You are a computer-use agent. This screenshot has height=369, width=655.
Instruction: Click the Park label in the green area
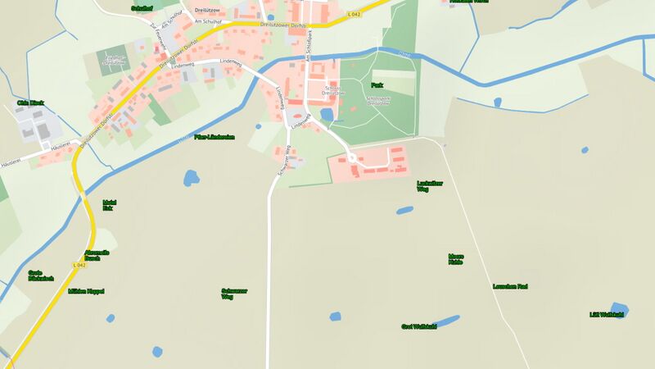coord(377,85)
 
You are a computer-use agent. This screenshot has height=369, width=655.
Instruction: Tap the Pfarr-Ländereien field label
coord(215,137)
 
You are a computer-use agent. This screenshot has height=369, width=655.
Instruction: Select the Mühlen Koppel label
coord(86,291)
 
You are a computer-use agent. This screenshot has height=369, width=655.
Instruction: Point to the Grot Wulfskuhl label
coord(418,326)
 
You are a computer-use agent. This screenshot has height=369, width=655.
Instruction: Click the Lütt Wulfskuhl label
coord(607,314)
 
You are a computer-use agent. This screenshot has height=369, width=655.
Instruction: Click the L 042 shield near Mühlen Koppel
coord(79,265)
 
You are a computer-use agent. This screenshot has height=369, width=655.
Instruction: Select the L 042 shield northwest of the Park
coord(354,14)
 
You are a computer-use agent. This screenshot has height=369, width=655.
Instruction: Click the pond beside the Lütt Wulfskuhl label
coord(619,307)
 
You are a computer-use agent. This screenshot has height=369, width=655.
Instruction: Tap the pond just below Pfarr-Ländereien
coord(191,177)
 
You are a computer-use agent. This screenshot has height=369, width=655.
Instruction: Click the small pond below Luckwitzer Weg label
coord(405,210)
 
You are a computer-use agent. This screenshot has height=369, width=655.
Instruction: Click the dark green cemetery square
coord(111,58)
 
